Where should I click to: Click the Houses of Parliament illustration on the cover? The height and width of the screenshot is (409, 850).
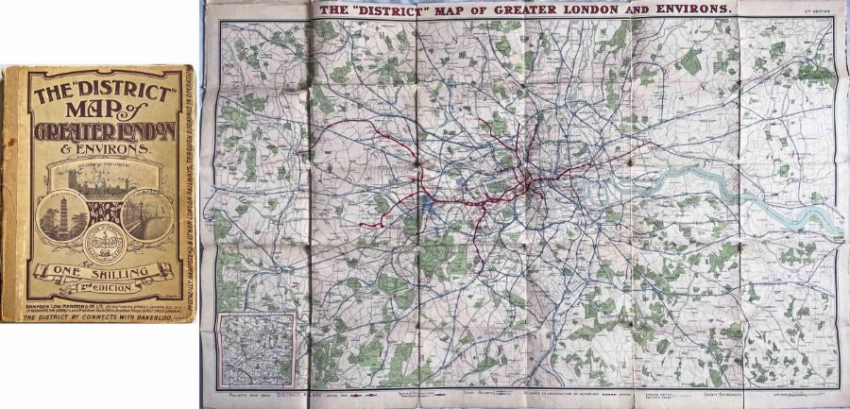pos(99,185)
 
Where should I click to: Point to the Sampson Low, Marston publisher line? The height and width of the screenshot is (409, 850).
pos(99,299)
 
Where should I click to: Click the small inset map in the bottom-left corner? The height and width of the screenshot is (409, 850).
pos(255,349)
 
